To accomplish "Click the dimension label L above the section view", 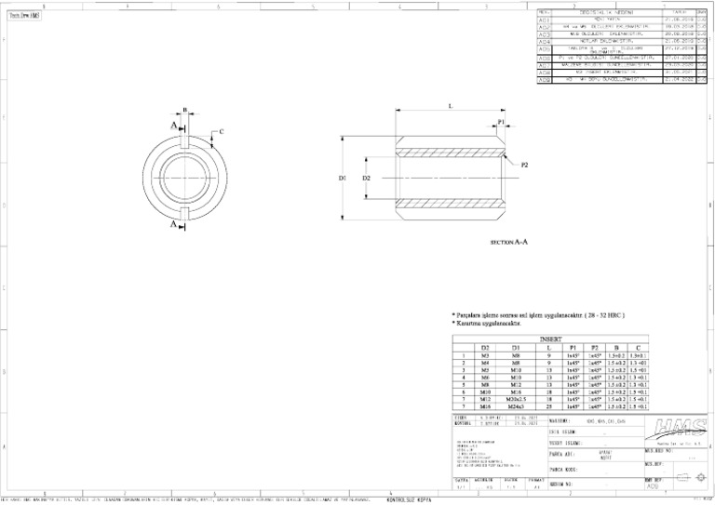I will pos(450,106).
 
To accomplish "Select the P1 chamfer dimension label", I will pos(501,122).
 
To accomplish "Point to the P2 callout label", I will pos(524,165).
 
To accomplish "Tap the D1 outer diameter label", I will pos(342,177).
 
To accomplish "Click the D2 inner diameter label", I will pos(366,177).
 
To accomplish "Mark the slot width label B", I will pos(185,111).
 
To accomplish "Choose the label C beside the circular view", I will pos(221,131).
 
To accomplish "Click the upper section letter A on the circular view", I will pos(173,124).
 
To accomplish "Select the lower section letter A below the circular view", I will pos(173,224).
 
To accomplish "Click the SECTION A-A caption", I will pos(509,242).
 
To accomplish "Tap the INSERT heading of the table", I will pos(551,340).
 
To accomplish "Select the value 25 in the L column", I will pos(550,406).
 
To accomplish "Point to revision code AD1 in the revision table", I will pos(545,19).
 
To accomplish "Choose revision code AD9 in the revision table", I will pos(545,80).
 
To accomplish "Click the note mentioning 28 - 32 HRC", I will pos(537,315).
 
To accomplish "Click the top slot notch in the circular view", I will pos(185,141).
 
